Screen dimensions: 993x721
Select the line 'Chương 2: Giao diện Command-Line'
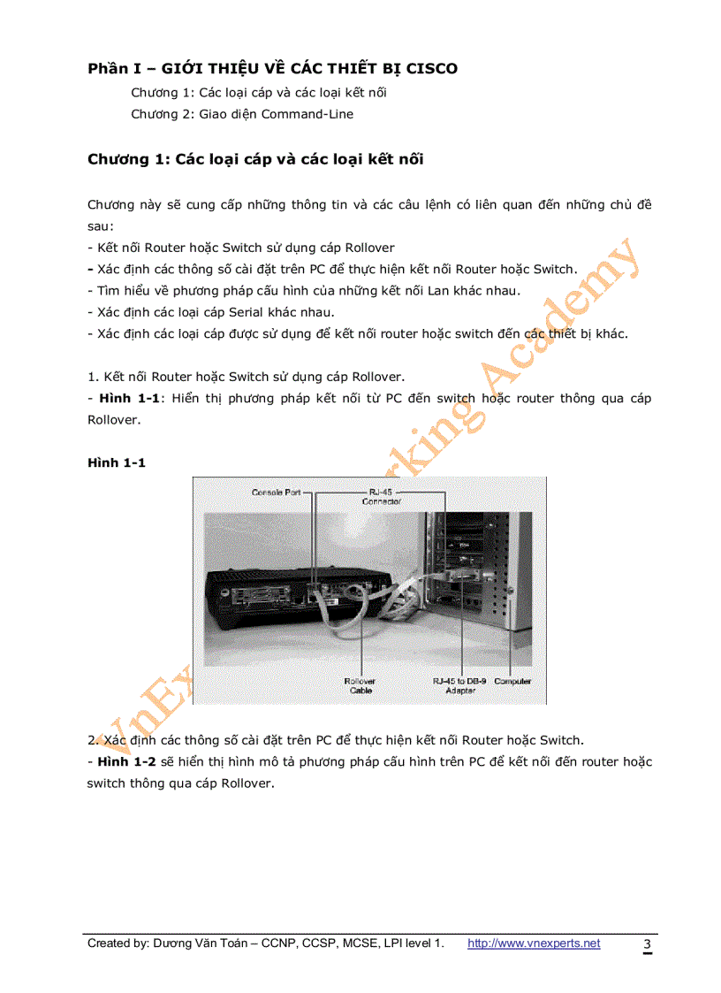coord(241,114)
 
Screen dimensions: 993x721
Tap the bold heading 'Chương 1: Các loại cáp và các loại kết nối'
coord(255,159)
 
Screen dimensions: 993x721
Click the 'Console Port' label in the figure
coord(277,492)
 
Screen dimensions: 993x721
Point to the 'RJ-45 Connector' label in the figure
coord(382,496)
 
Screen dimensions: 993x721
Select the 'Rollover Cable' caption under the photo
coord(360,685)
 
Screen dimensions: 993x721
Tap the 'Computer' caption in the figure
coord(512,682)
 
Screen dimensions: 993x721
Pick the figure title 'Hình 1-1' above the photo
coord(116,462)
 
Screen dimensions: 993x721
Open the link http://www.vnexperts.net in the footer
coord(533,943)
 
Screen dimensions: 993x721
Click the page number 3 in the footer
coord(647,944)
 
